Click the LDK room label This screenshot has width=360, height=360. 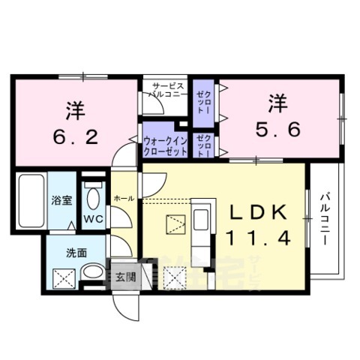(x=257, y=213)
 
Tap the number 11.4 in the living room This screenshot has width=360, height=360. (x=257, y=238)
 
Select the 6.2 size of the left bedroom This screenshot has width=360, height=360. (x=75, y=137)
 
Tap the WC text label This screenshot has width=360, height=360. (x=92, y=220)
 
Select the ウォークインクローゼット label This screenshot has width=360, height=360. (x=165, y=145)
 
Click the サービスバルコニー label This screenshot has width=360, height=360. (x=164, y=91)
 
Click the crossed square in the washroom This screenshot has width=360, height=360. (x=61, y=278)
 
